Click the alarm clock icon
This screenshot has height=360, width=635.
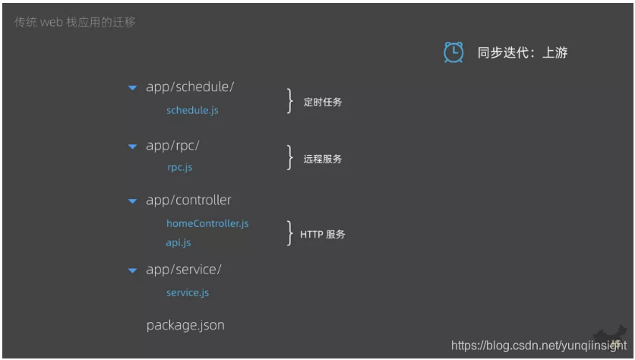[453, 52]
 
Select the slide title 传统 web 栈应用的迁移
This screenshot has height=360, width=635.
[75, 22]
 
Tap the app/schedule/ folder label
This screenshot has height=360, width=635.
[190, 87]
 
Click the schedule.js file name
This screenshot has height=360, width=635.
[192, 110]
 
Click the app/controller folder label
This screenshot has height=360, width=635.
[188, 201]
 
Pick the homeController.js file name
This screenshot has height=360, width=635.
[207, 223]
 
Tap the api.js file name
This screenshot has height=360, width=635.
[178, 243]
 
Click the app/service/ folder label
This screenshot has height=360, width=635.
[184, 270]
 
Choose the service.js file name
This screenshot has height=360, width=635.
[188, 292]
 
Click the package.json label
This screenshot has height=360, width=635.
[185, 325]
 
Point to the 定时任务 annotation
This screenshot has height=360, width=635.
[323, 102]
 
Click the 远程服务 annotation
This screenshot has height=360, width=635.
[323, 159]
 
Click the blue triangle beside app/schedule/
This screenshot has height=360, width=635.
[132, 88]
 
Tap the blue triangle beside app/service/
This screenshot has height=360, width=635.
[132, 270]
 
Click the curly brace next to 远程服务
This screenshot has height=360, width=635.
[289, 157]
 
